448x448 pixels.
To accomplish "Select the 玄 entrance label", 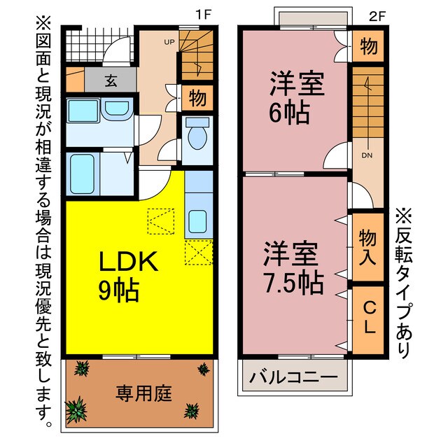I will point(111,80).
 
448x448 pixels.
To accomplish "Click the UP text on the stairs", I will point(169,42).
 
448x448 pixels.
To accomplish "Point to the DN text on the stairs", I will point(366,156).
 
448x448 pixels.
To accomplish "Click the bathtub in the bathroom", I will point(84,175).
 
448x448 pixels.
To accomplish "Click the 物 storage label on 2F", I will point(368,47).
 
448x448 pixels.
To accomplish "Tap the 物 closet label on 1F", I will point(197,99).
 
